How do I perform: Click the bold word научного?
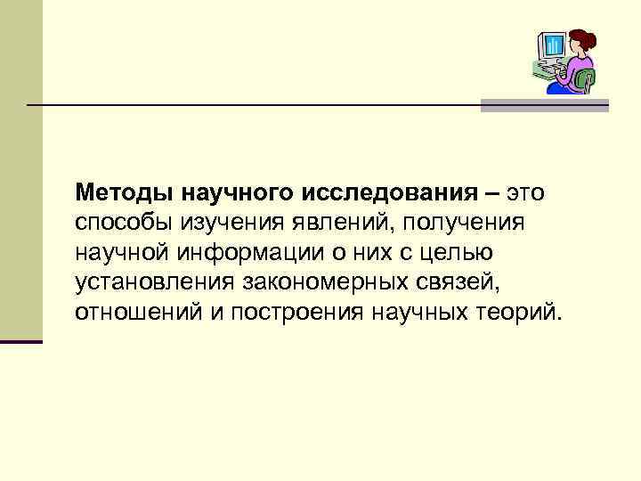(x=241, y=192)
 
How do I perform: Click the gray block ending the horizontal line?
(x=545, y=105)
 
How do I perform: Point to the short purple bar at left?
(x=20, y=341)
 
